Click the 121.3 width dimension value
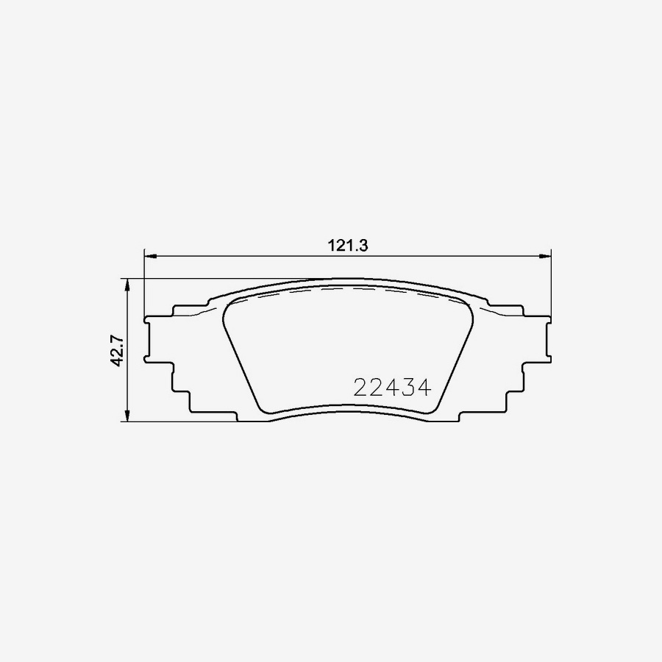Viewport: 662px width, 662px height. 347,246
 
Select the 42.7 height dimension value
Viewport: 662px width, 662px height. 117,349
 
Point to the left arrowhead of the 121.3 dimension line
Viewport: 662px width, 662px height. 149,256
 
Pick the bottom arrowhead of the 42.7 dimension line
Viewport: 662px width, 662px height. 129,416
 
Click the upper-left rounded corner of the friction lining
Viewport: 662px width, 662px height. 227,309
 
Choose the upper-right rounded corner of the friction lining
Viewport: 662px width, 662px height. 468,309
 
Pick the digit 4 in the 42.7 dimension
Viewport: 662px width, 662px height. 117,361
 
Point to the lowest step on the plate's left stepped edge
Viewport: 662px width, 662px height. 213,415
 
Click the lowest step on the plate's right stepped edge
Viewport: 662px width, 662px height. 482,415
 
